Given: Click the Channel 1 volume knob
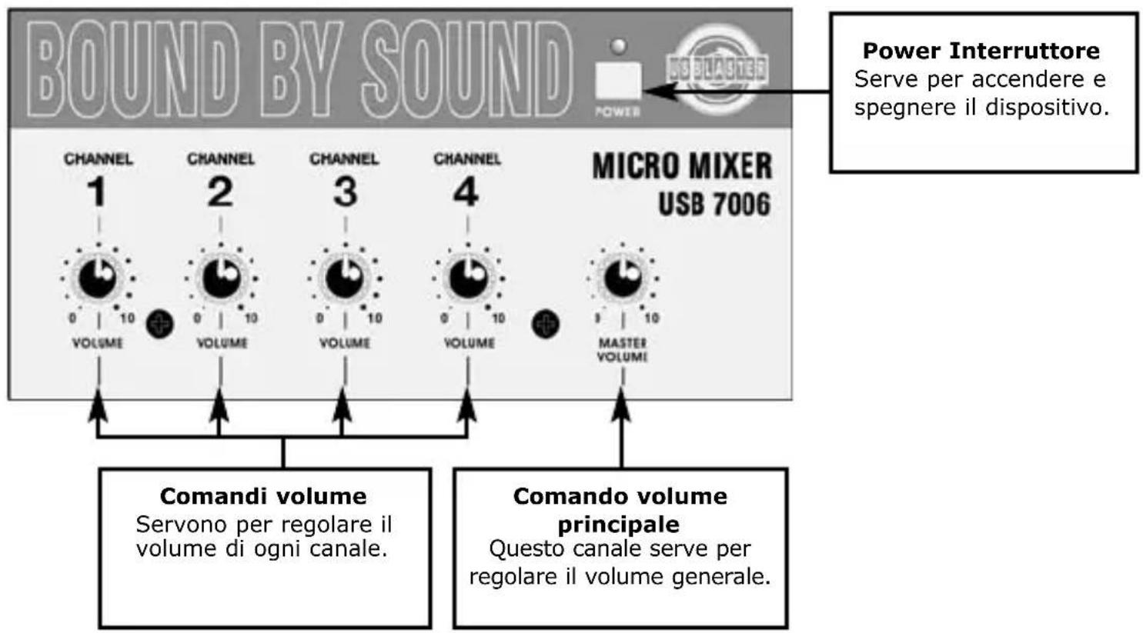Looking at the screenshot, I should (98, 277).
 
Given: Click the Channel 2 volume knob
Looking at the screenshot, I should (221, 277).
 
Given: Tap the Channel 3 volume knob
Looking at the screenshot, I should (345, 277).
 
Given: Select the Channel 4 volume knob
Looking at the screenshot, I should (468, 277).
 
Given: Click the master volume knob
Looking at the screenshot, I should (623, 277).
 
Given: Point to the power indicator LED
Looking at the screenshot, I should (618, 46).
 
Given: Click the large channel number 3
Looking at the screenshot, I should (345, 192).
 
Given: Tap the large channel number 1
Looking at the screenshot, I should (96, 192).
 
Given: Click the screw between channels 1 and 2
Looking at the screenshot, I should (160, 324).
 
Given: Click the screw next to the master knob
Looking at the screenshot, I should (546, 324).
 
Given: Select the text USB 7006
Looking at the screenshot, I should (714, 205).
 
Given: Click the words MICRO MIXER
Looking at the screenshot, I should (681, 166).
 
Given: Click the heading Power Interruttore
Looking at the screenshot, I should (981, 51).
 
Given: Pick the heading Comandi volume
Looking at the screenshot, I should (263, 496).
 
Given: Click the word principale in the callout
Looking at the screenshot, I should (619, 525).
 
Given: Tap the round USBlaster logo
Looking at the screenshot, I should (717, 68).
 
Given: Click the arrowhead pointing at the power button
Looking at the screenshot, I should (653, 92).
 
